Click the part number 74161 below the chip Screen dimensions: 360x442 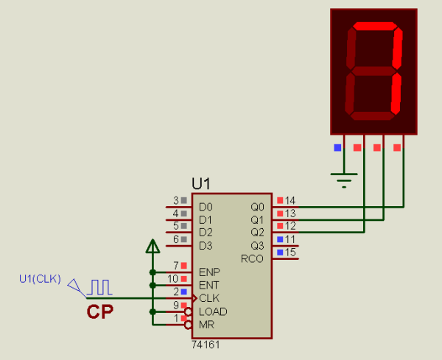tap(206, 345)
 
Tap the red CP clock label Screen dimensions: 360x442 tap(100, 312)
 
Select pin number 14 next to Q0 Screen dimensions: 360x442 tap(290, 200)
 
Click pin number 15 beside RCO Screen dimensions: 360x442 tap(290, 253)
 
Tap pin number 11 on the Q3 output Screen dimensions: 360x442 tap(290, 239)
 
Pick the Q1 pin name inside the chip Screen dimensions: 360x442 tap(256, 219)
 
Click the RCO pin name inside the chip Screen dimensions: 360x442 tap(252, 258)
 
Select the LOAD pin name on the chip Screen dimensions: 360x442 tap(213, 311)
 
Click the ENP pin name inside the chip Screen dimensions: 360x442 tap(208, 272)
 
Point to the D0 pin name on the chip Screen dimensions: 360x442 tap(206, 207)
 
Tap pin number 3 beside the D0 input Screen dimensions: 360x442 tap(175, 200)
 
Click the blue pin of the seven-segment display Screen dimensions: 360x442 tap(337, 147)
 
